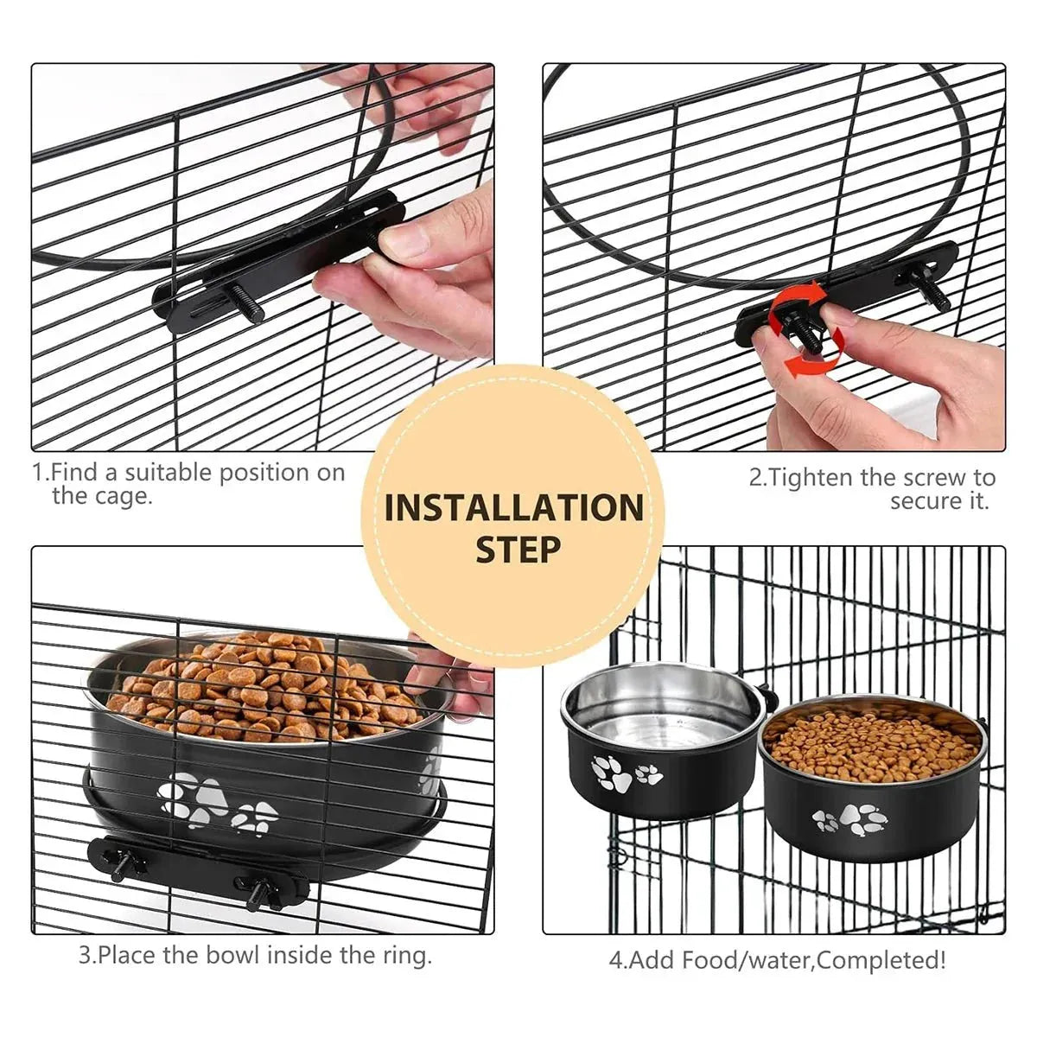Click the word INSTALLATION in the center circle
(x=513, y=507)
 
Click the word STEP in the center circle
(x=518, y=550)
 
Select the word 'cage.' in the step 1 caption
(x=102, y=496)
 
